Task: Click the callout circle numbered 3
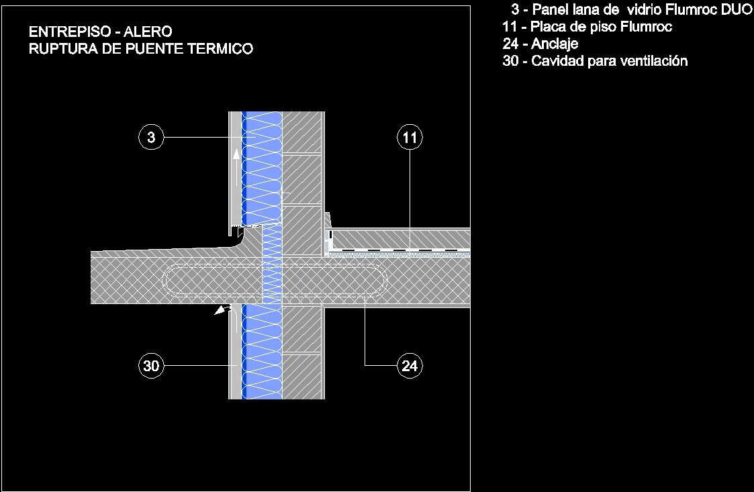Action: coord(151,138)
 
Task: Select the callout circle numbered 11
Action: coord(410,138)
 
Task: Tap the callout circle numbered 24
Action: coord(410,366)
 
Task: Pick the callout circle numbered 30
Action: coord(151,366)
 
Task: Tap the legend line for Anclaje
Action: coord(540,44)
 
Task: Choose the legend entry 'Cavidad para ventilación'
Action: coord(595,61)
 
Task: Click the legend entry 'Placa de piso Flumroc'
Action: coord(587,27)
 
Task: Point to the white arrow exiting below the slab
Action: coord(220,311)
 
